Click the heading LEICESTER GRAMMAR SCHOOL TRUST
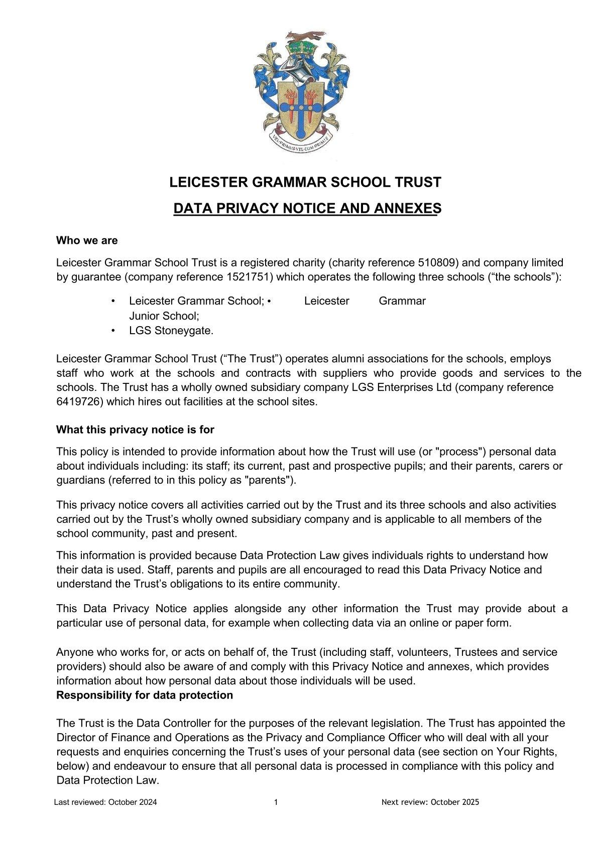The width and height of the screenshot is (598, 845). coord(305,182)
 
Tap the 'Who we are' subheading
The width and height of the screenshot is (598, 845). coord(87,241)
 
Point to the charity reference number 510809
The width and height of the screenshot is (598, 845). coord(436,262)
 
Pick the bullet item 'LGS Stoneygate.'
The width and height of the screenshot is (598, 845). coord(171,331)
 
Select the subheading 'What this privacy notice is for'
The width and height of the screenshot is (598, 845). coord(135,430)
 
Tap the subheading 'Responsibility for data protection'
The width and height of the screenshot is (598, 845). coord(145,695)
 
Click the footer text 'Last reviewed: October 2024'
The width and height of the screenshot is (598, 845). coord(105,802)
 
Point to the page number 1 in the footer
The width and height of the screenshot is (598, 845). coord(276,802)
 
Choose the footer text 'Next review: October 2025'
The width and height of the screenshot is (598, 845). coord(430,802)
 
